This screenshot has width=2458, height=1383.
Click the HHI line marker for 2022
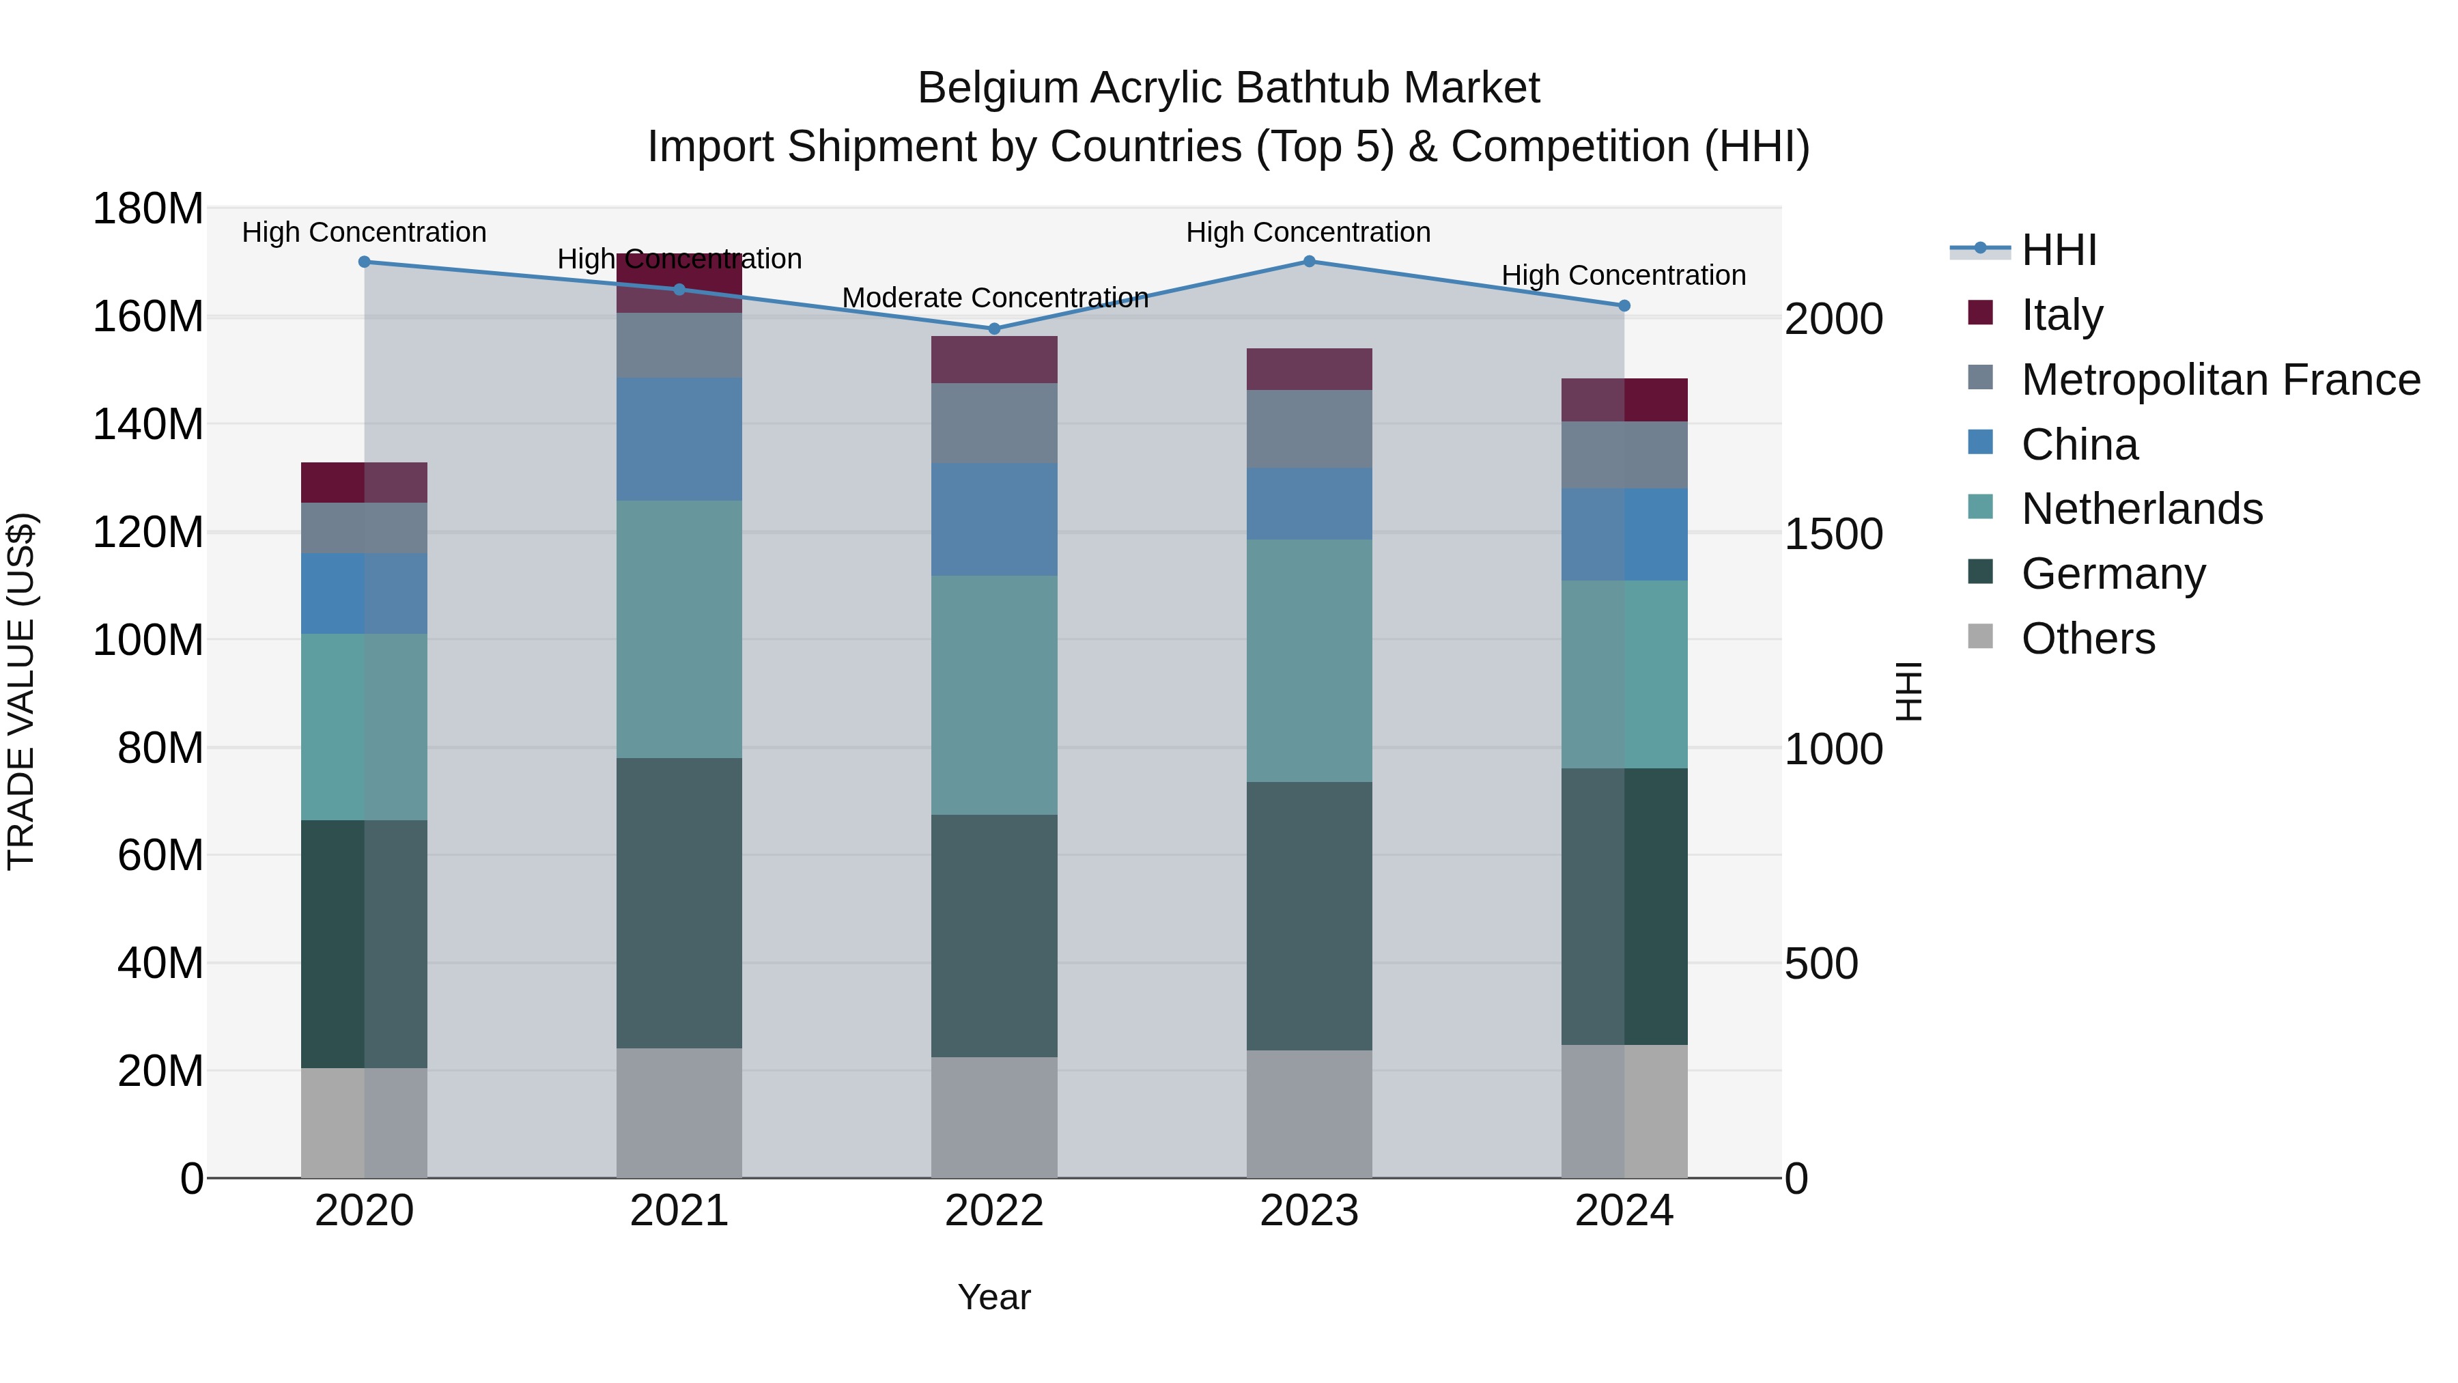(994, 329)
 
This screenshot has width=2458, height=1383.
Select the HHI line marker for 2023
(1309, 262)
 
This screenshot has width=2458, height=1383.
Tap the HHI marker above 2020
(365, 262)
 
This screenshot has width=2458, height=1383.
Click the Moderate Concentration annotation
(994, 298)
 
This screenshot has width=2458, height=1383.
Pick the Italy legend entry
(2061, 315)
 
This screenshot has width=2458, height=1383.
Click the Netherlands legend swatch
(1981, 507)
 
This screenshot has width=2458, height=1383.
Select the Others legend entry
(2088, 639)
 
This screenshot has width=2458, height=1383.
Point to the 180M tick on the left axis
(148, 208)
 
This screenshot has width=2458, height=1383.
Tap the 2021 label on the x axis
(679, 1211)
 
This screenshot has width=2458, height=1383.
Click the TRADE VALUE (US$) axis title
(21, 691)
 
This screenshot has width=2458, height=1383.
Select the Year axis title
(994, 1297)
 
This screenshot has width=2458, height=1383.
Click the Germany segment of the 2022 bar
(994, 936)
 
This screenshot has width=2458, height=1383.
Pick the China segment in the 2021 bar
(679, 439)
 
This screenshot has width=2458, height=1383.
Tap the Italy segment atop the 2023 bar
(1309, 369)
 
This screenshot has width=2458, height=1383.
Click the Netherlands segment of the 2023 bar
(1309, 660)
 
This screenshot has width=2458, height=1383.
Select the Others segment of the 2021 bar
(679, 1113)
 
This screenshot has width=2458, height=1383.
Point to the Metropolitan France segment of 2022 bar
(994, 423)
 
